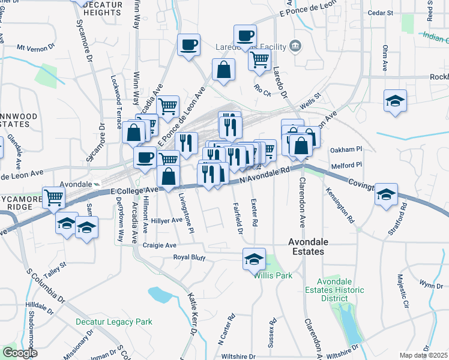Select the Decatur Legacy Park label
click(x=114, y=322)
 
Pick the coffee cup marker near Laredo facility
click(x=244, y=35)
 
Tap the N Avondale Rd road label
click(x=264, y=175)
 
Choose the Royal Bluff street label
click(x=189, y=258)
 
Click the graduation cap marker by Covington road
click(x=386, y=194)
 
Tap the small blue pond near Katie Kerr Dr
click(x=160, y=294)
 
